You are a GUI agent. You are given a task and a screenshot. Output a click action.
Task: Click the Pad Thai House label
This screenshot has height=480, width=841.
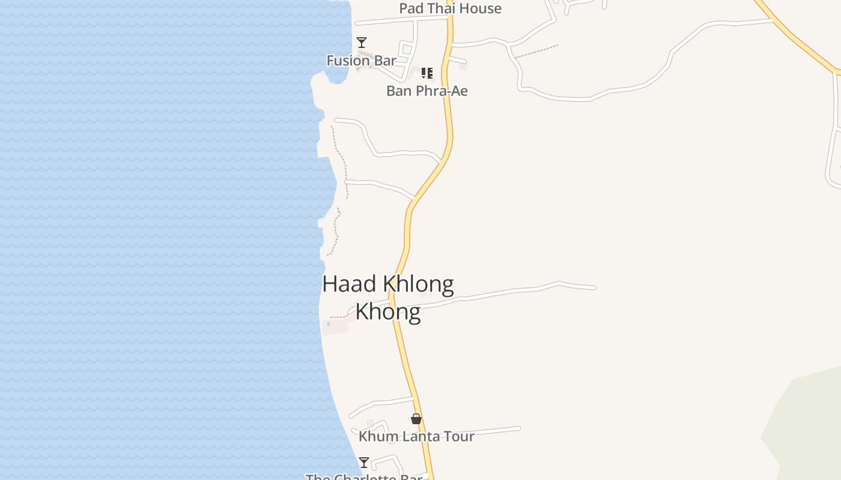click(450, 8)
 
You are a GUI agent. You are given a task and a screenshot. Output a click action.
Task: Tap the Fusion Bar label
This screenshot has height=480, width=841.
click(361, 61)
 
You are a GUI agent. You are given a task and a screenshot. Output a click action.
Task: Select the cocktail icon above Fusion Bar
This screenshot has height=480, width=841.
click(362, 42)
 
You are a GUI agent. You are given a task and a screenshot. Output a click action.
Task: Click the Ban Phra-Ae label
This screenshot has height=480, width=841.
click(427, 91)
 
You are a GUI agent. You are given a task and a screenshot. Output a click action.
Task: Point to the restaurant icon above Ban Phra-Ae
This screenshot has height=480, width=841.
click(427, 73)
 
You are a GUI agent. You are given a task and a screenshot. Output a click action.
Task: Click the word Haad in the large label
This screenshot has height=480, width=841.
click(349, 284)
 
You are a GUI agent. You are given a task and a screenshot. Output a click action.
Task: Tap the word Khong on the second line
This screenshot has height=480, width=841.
click(387, 311)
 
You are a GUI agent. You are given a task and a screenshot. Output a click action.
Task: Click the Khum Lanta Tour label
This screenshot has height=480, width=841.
click(416, 437)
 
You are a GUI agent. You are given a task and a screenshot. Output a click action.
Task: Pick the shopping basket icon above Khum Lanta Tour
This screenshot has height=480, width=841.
click(416, 419)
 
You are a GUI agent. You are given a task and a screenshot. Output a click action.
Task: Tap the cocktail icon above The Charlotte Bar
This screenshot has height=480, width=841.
click(363, 462)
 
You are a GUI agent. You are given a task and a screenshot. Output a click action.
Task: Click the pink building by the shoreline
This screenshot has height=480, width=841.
click(336, 327)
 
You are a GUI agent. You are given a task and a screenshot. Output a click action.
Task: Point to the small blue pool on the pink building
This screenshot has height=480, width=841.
click(329, 325)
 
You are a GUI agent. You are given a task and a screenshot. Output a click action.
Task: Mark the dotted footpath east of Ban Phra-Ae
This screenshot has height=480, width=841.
click(536, 52)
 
